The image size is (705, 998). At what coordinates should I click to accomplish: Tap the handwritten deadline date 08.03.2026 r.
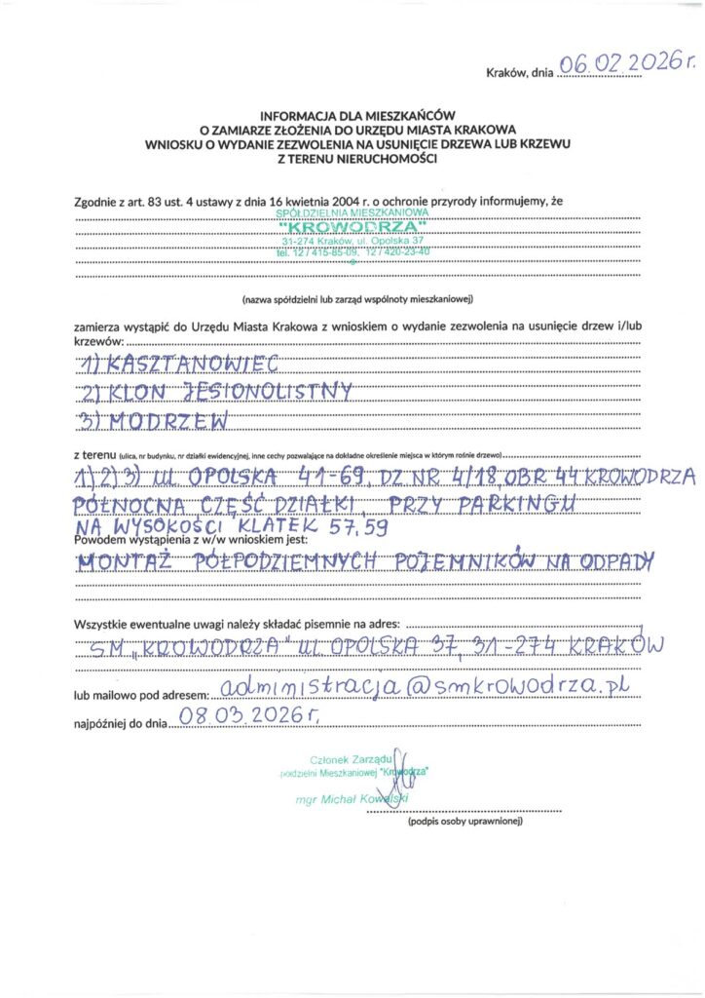(x=248, y=718)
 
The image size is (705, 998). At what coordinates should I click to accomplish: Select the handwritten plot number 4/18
(x=477, y=477)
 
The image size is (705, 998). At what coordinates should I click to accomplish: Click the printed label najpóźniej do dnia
(x=120, y=724)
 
